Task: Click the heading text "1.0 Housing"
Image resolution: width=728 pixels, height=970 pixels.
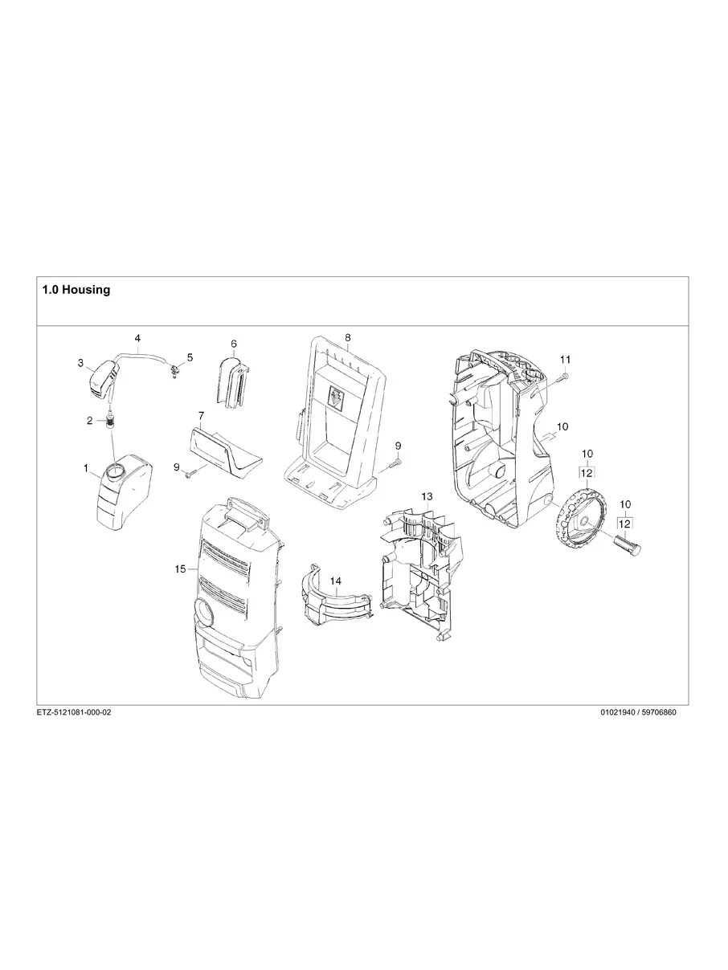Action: click(76, 290)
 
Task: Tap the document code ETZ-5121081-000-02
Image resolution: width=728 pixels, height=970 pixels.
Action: click(74, 713)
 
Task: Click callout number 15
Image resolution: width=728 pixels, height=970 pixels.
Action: click(181, 569)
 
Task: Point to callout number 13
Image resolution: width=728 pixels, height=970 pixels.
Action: click(427, 497)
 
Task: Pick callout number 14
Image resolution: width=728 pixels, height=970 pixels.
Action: click(335, 580)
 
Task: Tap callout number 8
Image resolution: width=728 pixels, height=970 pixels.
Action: click(348, 337)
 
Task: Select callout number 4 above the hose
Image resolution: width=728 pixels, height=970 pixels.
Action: click(137, 339)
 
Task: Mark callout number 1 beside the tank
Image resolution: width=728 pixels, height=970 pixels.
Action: click(85, 467)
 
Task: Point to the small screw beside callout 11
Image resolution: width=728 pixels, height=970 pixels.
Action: click(562, 375)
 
